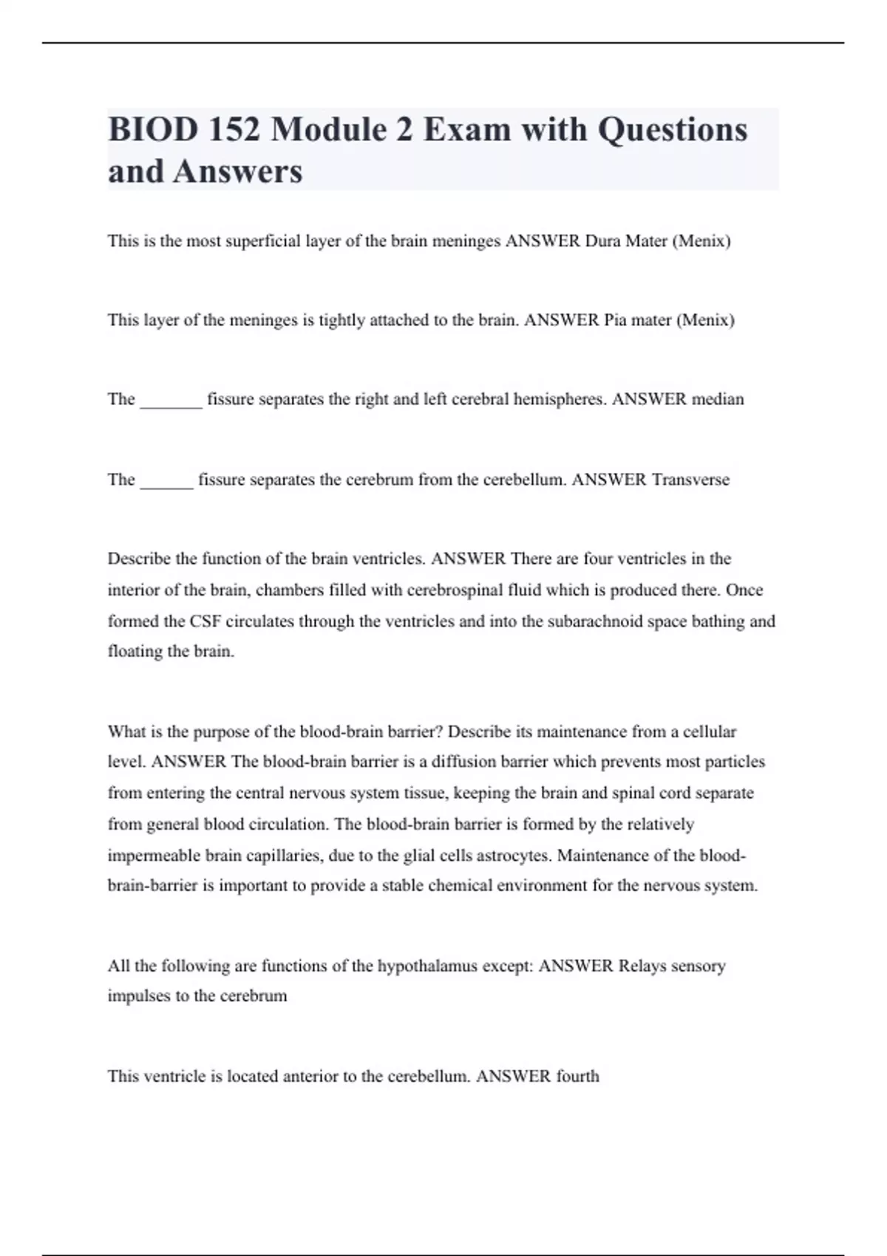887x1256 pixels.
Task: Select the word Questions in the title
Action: [x=672, y=130]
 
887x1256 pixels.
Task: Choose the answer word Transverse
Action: [x=690, y=480]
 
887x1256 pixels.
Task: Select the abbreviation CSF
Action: [x=205, y=621]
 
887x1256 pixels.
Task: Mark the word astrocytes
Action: [x=514, y=856]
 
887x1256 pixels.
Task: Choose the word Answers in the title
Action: [x=238, y=171]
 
